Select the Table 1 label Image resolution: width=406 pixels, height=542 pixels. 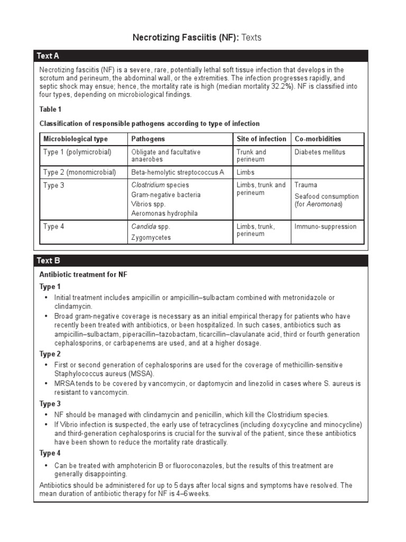51,110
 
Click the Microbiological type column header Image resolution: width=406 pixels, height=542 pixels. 75,139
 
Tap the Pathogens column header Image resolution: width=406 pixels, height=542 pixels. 148,139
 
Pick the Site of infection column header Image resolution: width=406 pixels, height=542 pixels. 261,139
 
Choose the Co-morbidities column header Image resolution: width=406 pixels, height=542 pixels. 318,139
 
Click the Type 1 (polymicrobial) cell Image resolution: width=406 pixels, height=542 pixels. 77,152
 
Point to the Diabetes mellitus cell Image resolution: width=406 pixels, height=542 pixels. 319,152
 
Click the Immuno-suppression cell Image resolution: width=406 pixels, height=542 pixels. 325,227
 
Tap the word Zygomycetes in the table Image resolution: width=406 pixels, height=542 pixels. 151,238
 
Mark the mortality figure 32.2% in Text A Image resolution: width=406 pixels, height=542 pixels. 280,86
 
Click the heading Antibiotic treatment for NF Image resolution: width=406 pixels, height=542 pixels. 83,275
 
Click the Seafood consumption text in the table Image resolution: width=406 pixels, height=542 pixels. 326,196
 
